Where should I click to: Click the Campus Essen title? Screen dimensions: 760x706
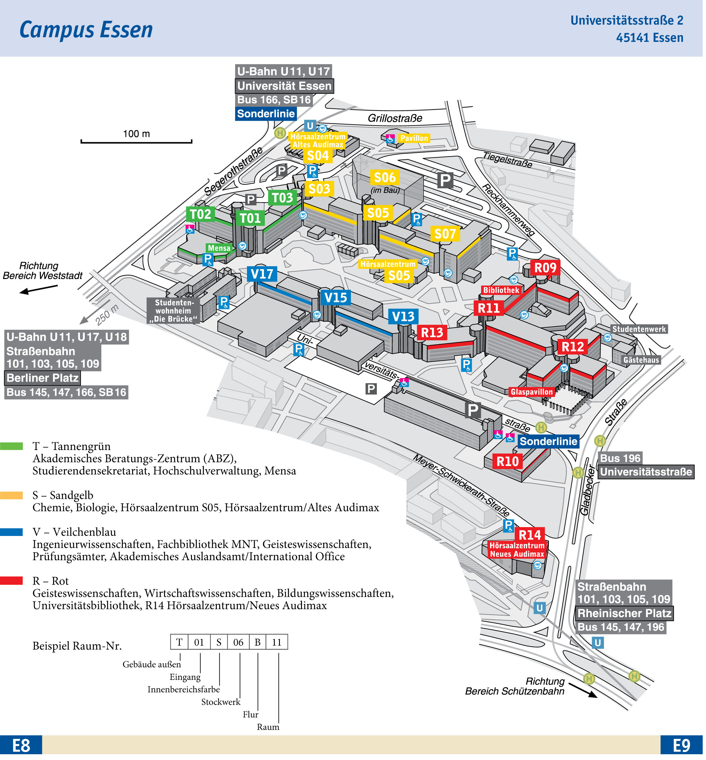coord(86,30)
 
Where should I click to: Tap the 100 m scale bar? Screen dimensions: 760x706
coord(136,142)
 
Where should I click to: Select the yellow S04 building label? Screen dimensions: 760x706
coord(318,156)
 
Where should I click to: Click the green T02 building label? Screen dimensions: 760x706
coord(201,214)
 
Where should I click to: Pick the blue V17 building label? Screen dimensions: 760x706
coord(262,274)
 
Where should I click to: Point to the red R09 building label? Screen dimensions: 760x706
coord(545,268)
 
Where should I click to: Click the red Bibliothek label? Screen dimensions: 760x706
coord(501,290)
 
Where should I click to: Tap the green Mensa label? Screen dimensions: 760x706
coord(219,248)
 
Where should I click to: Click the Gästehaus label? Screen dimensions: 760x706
coord(641,360)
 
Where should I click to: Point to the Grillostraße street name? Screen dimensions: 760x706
coord(395,118)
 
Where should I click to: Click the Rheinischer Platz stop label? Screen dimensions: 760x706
coord(624,613)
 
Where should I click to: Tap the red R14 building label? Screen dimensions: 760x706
coord(529,535)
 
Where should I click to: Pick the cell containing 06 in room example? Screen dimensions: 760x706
coord(238,642)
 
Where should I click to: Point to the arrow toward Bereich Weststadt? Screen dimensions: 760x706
coord(38,289)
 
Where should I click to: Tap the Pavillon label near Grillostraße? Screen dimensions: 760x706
coord(414,138)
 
